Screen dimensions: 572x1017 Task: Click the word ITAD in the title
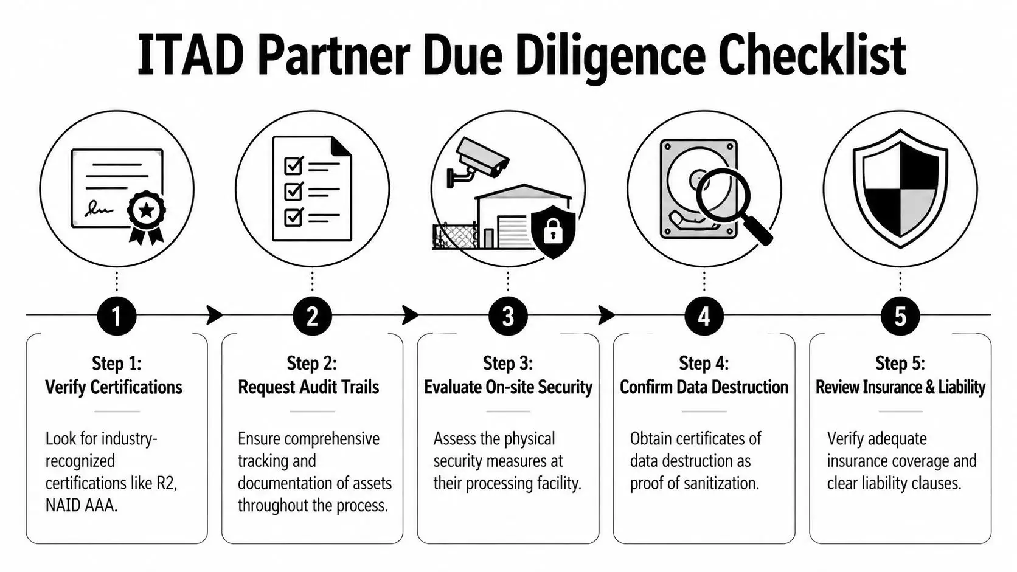[190, 56]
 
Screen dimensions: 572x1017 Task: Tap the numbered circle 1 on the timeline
[116, 316]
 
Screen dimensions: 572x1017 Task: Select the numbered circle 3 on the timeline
[508, 316]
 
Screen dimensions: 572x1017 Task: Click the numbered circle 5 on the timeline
[900, 316]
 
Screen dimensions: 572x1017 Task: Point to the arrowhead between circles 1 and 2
[215, 315]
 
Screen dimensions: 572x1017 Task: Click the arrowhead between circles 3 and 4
[606, 315]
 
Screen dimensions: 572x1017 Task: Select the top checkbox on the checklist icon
[294, 165]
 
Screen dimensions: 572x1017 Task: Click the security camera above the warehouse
[481, 156]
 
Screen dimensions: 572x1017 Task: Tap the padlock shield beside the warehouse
[552, 230]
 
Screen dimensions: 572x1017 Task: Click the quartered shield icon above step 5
[900, 188]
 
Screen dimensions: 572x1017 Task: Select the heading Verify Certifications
[114, 387]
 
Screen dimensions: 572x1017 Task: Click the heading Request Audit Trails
[308, 387]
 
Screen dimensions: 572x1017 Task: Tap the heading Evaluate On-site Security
[508, 387]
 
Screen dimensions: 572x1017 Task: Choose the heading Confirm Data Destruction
[704, 387]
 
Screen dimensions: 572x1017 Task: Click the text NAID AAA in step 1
[81, 505]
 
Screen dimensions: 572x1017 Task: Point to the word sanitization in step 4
[722, 483]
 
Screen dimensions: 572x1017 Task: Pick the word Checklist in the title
[812, 56]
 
